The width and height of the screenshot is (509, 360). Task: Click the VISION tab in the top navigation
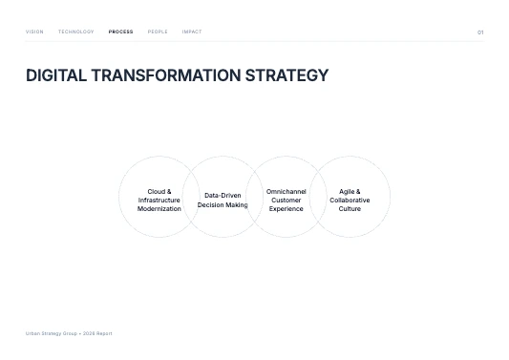pos(34,32)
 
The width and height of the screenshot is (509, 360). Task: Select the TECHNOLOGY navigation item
pos(76,32)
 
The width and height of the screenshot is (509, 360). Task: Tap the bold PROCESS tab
pos(121,32)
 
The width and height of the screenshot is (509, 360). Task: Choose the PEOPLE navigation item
pos(158,32)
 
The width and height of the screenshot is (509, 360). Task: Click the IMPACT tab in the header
pos(192,32)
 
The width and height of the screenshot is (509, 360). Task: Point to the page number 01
pos(480,32)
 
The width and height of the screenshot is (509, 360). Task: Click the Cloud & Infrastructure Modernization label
pos(159,200)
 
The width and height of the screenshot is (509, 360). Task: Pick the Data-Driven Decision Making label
pos(223,200)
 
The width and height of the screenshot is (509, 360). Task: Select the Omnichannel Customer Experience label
pos(286,200)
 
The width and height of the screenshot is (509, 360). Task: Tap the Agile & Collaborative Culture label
pos(350,200)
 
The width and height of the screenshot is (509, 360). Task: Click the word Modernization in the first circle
pos(159,208)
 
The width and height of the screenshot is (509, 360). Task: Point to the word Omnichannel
pos(286,191)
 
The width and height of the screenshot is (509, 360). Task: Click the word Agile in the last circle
pos(346,191)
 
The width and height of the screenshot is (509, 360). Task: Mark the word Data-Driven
pos(223,195)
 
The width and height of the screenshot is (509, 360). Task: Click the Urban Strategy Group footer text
pos(52,333)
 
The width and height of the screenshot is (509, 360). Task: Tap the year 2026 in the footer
pos(89,333)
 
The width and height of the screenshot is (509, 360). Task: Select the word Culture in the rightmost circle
pos(350,208)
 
